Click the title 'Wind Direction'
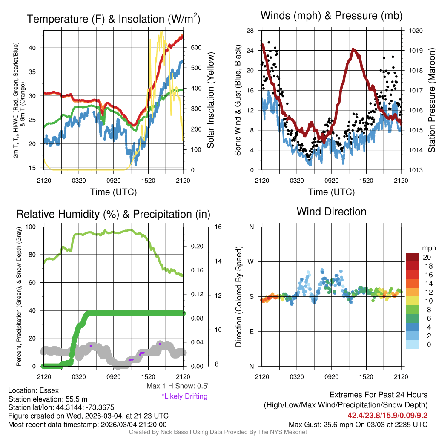tap(331, 212)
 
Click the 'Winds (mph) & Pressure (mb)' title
tap(331, 16)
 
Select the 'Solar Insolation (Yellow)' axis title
tap(211, 100)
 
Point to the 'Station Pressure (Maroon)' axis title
tap(431, 100)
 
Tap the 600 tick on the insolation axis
tap(195, 47)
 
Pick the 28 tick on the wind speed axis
tap(250, 31)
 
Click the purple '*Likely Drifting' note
tap(184, 396)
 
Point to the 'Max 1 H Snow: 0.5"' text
tap(178, 386)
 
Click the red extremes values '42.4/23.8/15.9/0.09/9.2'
tap(388, 415)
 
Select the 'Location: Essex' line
tap(34, 390)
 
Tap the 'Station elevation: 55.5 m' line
tap(48, 399)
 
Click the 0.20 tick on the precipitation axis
tap(195, 246)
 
